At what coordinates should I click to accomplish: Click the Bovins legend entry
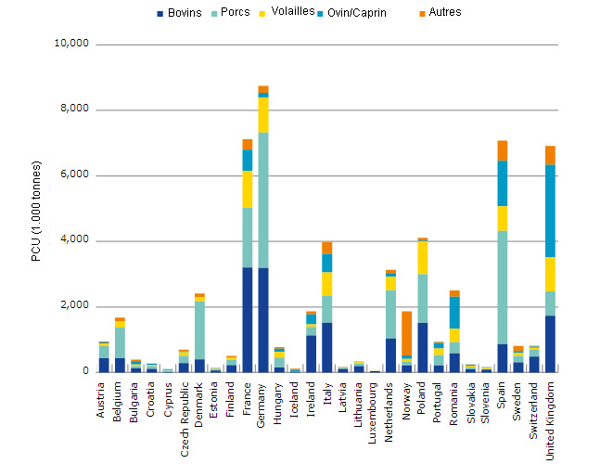pos(184,13)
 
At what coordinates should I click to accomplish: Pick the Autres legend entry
pos(445,13)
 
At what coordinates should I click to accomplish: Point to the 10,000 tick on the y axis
pos(70,45)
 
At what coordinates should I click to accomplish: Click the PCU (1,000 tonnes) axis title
pos(36,208)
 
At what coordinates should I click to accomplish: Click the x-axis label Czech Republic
pos(184,409)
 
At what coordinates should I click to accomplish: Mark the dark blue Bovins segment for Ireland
pos(311,354)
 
